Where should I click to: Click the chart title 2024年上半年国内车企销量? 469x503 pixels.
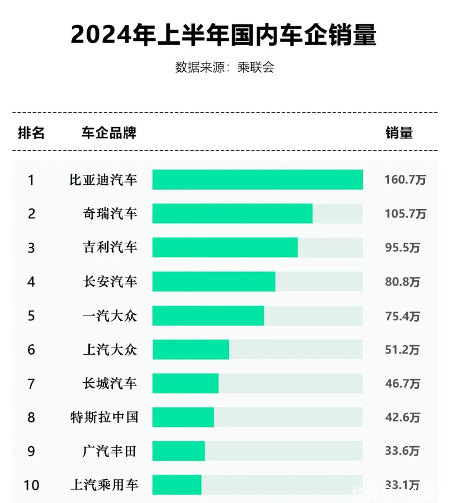(x=223, y=34)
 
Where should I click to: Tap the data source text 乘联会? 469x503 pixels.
(x=255, y=67)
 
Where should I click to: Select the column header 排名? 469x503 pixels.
(x=31, y=133)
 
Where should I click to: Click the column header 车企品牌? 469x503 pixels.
(x=109, y=133)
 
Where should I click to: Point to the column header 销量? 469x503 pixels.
(x=399, y=133)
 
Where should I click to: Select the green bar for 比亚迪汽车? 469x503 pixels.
(x=257, y=180)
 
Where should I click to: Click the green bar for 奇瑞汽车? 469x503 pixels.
(x=232, y=213)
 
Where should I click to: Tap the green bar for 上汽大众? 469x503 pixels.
(x=190, y=350)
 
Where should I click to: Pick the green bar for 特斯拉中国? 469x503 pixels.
(x=183, y=417)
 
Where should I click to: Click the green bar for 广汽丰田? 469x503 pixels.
(x=178, y=451)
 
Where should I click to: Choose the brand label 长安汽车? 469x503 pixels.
(x=110, y=282)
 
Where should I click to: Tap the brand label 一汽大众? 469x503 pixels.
(x=110, y=316)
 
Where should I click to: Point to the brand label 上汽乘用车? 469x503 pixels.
(x=104, y=485)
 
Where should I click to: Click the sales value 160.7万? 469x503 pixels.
(x=405, y=180)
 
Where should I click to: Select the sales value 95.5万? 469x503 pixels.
(x=402, y=248)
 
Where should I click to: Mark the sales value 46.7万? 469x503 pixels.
(x=402, y=383)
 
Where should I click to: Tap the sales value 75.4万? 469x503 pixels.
(x=402, y=316)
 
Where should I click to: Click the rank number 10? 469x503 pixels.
(x=31, y=485)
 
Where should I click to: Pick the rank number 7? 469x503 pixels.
(x=31, y=383)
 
